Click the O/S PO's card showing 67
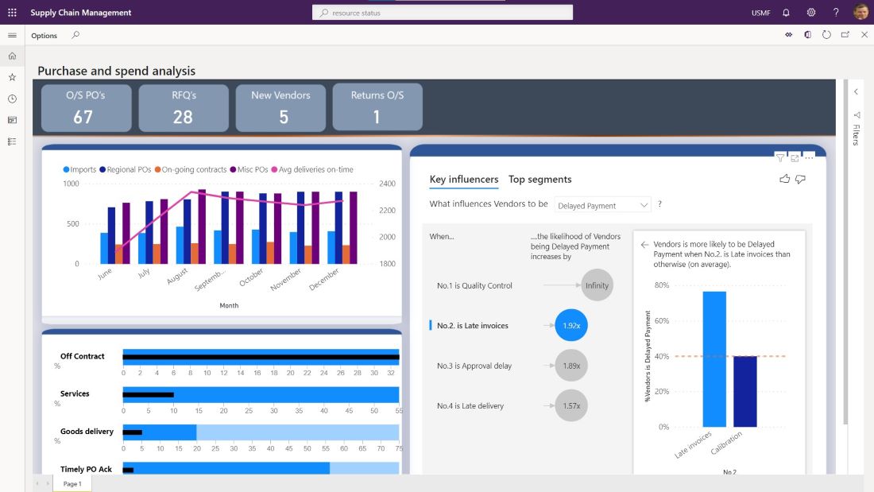pyautogui.click(x=86, y=107)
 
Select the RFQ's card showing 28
pyautogui.click(x=183, y=107)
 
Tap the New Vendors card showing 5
pyautogui.click(x=280, y=107)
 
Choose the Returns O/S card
pyautogui.click(x=377, y=107)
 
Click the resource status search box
pyautogui.click(x=443, y=13)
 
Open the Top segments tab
pyautogui.click(x=539, y=180)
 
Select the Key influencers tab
pyautogui.click(x=464, y=180)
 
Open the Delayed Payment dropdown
pyautogui.click(x=602, y=206)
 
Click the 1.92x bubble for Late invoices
pyautogui.click(x=570, y=325)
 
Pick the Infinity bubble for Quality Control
pyautogui.click(x=597, y=285)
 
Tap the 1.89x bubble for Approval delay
pyautogui.click(x=570, y=366)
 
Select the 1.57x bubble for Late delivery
pyautogui.click(x=570, y=405)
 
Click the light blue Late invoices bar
pyautogui.click(x=714, y=359)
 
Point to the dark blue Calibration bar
pyautogui.click(x=744, y=391)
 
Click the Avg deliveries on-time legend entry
pyautogui.click(x=312, y=169)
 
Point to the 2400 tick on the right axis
pyautogui.click(x=387, y=184)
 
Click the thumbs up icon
pyautogui.click(x=785, y=179)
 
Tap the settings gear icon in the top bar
pyautogui.click(x=810, y=13)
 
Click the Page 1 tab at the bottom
pyautogui.click(x=72, y=483)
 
